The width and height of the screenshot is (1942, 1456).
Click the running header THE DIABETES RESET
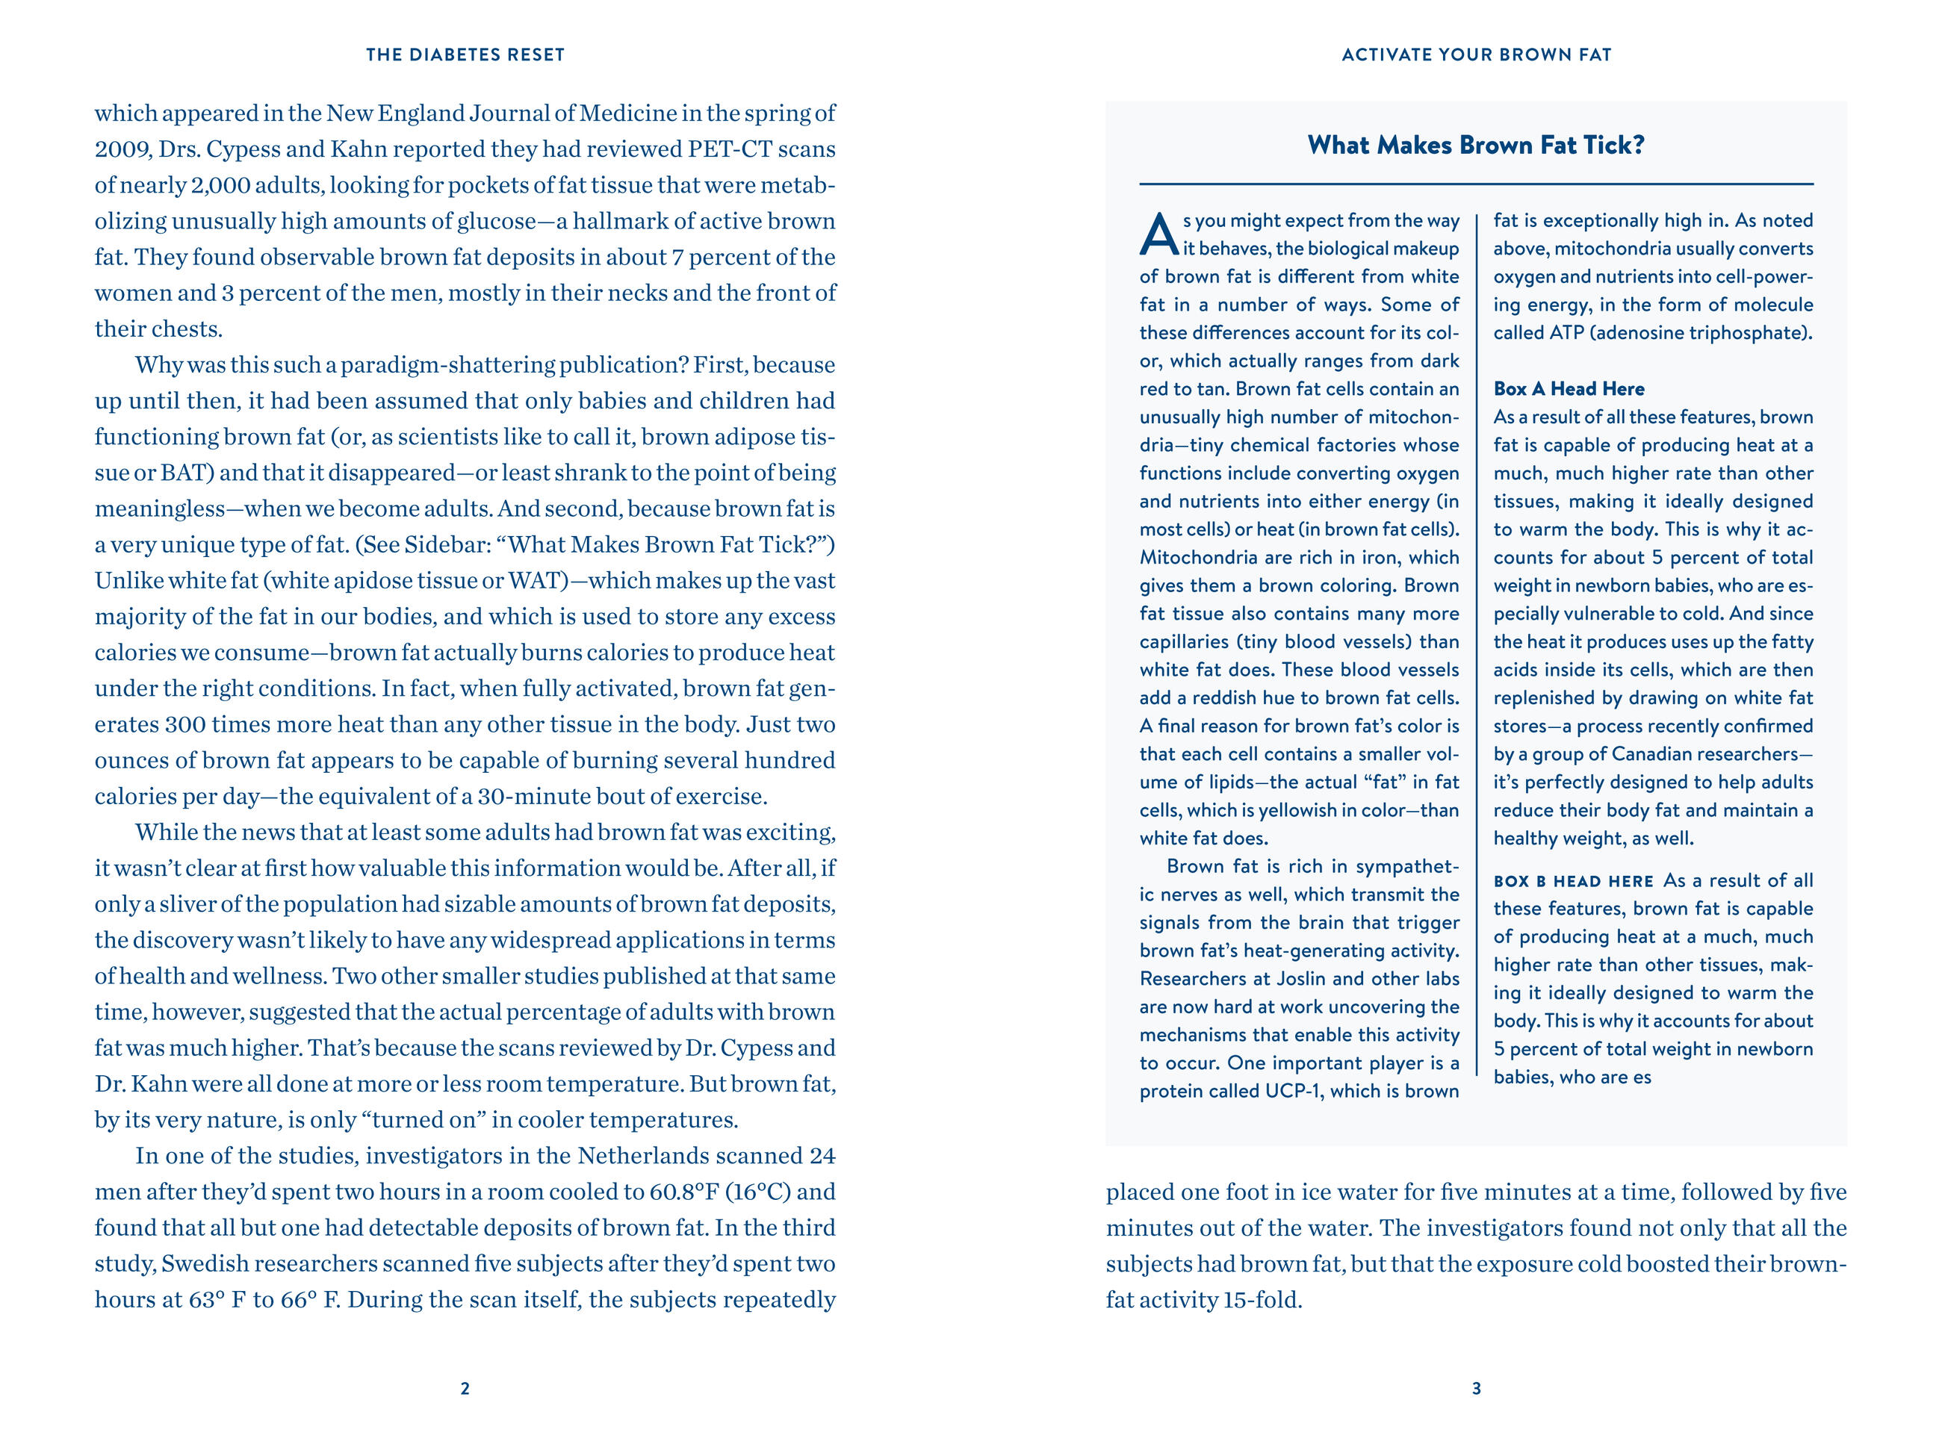(465, 55)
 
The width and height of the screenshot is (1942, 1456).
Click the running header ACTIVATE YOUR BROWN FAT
(1477, 55)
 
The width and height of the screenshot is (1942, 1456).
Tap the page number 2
(465, 1388)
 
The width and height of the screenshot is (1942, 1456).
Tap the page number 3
(1477, 1388)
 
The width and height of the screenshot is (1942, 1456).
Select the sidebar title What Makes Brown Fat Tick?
(1476, 145)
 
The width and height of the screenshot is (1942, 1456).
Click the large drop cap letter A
(1158, 234)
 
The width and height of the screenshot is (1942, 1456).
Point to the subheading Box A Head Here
(1569, 389)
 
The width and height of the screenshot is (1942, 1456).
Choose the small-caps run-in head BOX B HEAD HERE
(1573, 881)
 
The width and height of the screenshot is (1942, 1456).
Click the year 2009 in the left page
(122, 149)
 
